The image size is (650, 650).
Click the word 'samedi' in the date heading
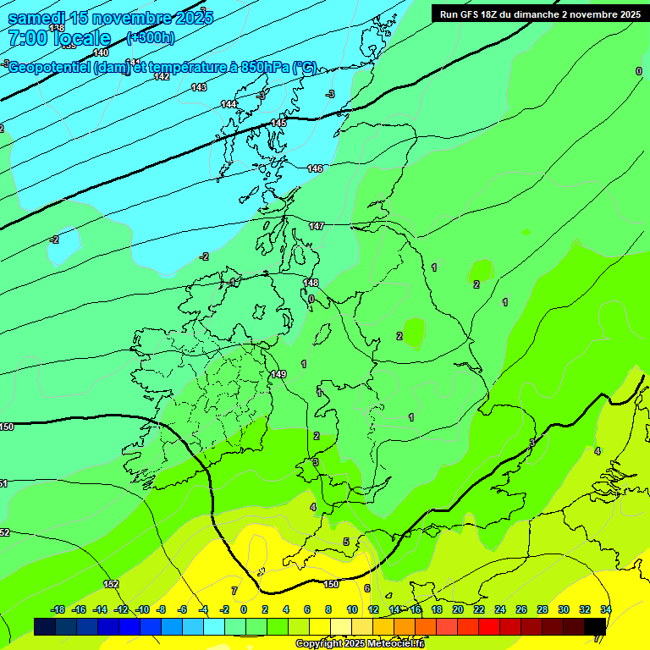[x=38, y=18]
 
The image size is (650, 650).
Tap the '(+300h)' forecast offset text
[x=151, y=37]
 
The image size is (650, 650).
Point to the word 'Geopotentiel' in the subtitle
[x=50, y=67]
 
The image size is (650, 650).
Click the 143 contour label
[x=199, y=87]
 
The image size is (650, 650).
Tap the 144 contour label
[x=229, y=104]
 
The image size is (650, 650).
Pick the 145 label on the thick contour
[x=278, y=123]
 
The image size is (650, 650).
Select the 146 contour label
[x=315, y=168]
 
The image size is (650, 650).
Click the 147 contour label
[x=317, y=226]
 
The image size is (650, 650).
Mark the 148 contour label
[x=311, y=283]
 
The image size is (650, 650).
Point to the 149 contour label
[x=278, y=374]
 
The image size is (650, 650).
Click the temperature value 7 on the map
[x=234, y=590]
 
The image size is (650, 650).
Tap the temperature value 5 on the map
[x=345, y=542]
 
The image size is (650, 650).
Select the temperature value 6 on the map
[x=367, y=588]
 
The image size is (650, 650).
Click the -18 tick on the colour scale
[x=58, y=609]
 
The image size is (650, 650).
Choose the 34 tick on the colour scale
[x=606, y=609]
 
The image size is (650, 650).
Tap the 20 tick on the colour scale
[x=458, y=609]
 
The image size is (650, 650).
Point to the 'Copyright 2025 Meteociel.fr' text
[x=360, y=644]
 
